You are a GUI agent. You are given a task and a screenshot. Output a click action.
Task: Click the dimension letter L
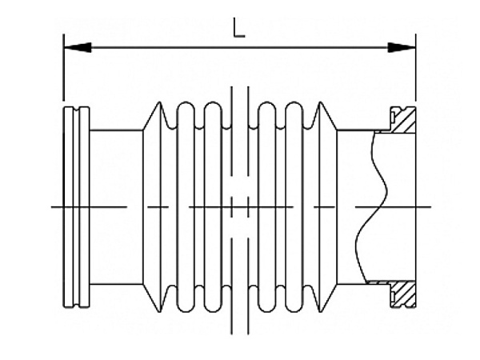[x=239, y=29]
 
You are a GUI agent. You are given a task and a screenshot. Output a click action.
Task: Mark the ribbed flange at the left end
[x=77, y=206]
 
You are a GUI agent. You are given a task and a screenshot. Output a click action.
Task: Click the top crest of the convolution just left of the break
[x=213, y=104]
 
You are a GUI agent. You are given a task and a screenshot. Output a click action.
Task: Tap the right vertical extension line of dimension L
[x=416, y=72]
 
